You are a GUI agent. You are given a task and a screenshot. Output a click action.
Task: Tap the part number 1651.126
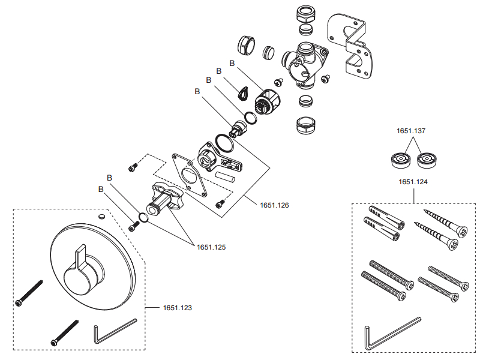click(x=274, y=205)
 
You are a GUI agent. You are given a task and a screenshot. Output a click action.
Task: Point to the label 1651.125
click(x=211, y=247)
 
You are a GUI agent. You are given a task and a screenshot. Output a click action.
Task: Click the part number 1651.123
click(x=178, y=308)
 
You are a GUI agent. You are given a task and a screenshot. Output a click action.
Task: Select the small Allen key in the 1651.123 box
click(x=114, y=331)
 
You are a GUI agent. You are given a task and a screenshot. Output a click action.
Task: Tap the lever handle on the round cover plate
click(x=83, y=258)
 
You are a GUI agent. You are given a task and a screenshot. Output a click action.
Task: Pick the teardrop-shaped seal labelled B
click(x=244, y=91)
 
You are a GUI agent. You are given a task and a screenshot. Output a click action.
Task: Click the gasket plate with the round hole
click(x=190, y=173)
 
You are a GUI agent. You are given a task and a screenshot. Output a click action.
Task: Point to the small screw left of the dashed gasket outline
click(x=133, y=167)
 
